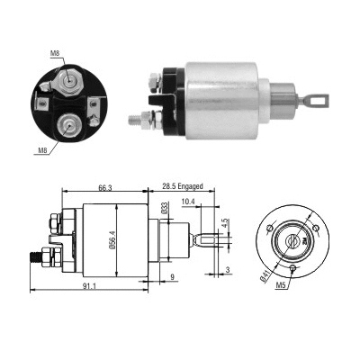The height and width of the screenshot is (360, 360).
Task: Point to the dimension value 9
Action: point(173,278)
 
